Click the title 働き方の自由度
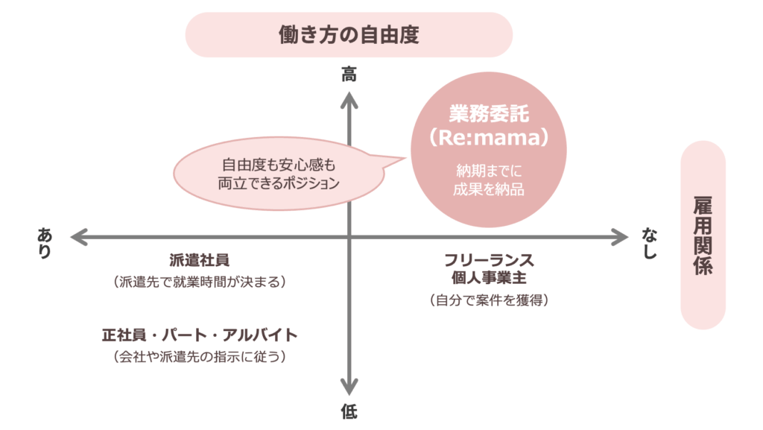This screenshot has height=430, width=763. pyautogui.click(x=349, y=34)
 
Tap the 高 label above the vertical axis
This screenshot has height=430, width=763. pyautogui.click(x=349, y=75)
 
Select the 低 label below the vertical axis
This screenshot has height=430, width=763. pyautogui.click(x=349, y=411)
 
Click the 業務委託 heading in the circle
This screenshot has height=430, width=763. pyautogui.click(x=489, y=113)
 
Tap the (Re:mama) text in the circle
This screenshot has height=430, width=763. pyautogui.click(x=489, y=139)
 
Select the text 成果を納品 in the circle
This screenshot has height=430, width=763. pyautogui.click(x=489, y=189)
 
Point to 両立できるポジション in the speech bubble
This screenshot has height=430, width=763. pyautogui.click(x=279, y=183)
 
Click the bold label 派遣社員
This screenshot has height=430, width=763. pyautogui.click(x=199, y=260)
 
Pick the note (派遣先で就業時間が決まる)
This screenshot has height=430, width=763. pyautogui.click(x=199, y=282)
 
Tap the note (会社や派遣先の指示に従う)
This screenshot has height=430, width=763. pyautogui.click(x=199, y=356)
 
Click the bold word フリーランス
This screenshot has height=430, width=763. pyautogui.click(x=489, y=260)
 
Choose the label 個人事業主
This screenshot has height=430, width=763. pyautogui.click(x=489, y=278)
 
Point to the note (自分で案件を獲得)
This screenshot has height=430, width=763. pyautogui.click(x=489, y=300)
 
